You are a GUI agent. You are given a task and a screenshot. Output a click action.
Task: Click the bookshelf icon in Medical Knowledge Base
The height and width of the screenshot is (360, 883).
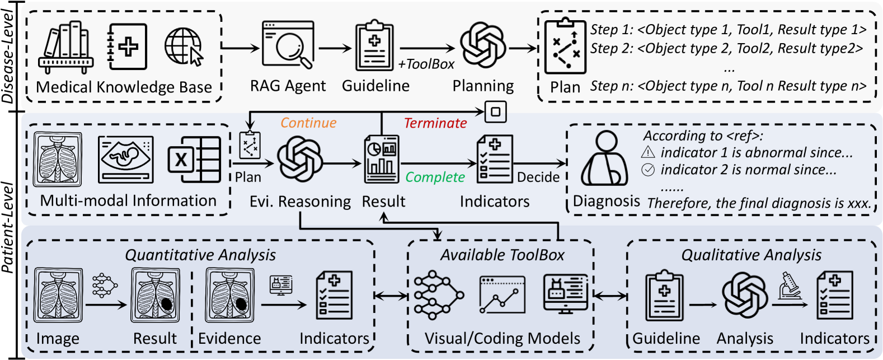click(x=66, y=48)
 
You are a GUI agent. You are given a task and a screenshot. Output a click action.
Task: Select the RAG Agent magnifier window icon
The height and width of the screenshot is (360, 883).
click(x=288, y=45)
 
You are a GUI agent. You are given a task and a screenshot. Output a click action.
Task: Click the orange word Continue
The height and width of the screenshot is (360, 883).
click(x=308, y=123)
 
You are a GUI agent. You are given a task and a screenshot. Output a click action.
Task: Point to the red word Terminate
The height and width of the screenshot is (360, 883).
click(x=435, y=123)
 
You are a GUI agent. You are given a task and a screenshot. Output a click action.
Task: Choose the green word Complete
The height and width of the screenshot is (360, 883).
click(x=435, y=177)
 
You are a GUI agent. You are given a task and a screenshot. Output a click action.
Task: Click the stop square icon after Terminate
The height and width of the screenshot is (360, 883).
click(x=496, y=111)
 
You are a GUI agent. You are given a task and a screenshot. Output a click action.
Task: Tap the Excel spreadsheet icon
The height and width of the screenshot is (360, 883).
click(x=194, y=160)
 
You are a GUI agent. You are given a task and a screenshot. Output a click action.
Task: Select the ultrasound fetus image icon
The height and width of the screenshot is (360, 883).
click(x=126, y=160)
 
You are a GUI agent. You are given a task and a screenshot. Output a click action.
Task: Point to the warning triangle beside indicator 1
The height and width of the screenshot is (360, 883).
click(x=648, y=152)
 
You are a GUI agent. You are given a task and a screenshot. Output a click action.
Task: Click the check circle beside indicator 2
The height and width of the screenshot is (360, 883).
click(x=648, y=170)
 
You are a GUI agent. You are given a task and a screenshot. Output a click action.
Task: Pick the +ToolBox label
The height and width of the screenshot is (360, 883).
click(x=426, y=64)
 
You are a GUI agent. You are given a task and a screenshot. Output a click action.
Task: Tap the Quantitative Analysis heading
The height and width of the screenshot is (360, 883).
click(x=200, y=255)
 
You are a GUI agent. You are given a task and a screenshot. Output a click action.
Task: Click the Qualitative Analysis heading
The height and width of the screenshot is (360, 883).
click(x=752, y=255)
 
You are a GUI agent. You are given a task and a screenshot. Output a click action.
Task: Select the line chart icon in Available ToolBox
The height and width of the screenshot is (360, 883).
click(x=502, y=295)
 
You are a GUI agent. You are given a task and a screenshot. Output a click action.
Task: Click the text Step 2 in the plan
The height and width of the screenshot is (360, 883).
click(x=611, y=49)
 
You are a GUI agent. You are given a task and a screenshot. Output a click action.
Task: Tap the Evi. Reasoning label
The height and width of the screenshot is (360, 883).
click(x=300, y=202)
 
